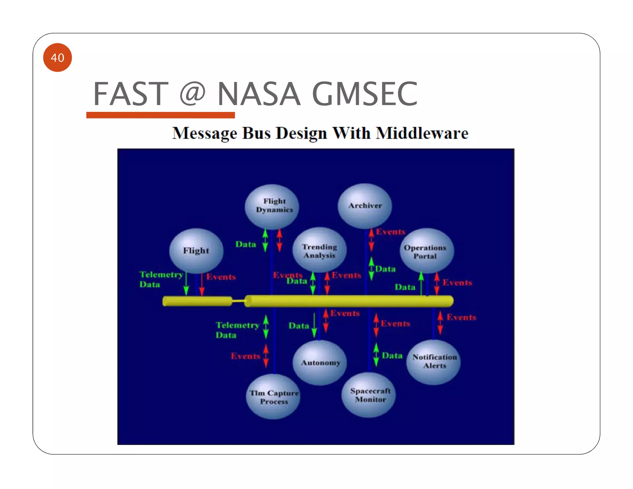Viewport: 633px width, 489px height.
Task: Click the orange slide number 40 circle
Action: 57,57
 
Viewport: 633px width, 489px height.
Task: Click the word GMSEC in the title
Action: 365,94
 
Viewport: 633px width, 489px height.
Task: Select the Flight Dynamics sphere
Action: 272,206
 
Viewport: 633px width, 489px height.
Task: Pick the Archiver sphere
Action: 365,206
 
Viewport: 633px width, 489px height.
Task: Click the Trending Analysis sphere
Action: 319,250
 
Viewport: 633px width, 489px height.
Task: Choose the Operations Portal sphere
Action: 427,251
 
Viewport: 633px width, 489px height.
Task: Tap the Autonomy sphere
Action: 320,363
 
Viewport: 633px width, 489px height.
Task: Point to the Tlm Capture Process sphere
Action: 273,397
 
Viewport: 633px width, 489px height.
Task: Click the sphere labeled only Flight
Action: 196,251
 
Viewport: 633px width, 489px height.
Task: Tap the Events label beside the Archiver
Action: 390,232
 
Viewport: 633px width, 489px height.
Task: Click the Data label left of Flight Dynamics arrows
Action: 246,244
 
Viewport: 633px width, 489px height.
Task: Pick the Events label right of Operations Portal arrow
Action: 457,283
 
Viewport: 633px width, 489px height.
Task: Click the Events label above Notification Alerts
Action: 461,317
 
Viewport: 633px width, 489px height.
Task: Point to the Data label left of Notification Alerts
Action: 392,355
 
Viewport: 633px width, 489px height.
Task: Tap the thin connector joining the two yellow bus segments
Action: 238,301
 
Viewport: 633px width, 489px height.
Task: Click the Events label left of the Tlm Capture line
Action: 245,356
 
